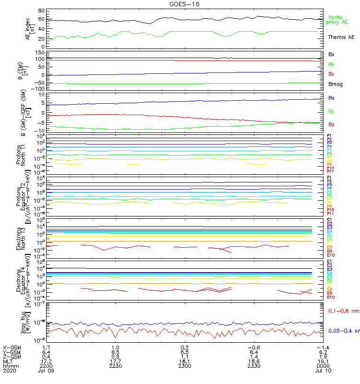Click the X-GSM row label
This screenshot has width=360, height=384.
pos(12,347)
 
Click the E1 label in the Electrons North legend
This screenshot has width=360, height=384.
pos(330,219)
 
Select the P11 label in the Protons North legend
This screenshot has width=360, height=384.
pos(330,171)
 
